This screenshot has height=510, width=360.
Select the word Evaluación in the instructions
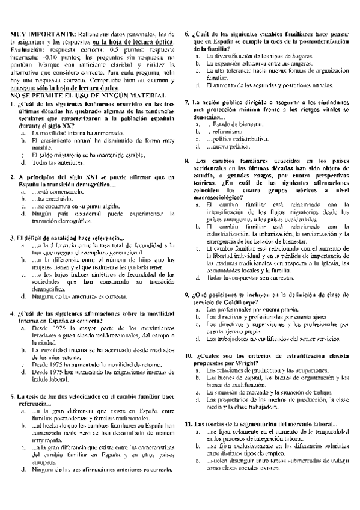pyautogui.click(x=27, y=50)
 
